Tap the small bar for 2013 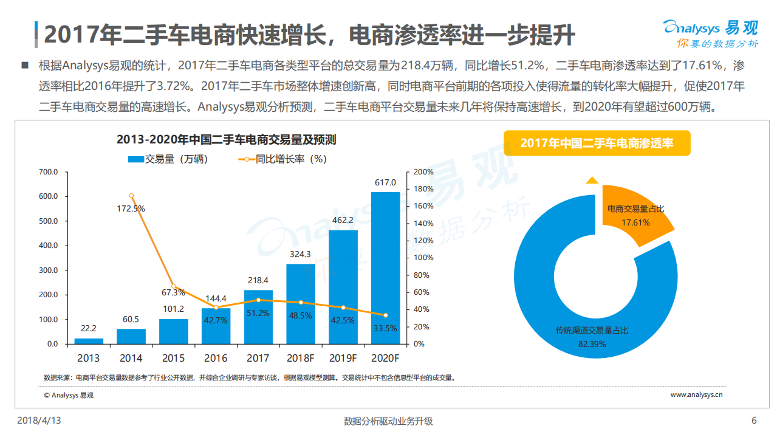(89, 341)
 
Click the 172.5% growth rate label (131, 208)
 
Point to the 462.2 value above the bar (343, 220)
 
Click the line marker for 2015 (173, 286)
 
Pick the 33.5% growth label (385, 328)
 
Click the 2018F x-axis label (300, 358)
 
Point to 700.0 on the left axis (48, 172)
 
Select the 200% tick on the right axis (423, 172)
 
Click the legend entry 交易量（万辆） (168, 160)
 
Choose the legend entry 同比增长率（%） (282, 160)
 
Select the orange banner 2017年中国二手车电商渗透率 (597, 143)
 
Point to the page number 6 (754, 421)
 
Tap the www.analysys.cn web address (696, 394)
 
